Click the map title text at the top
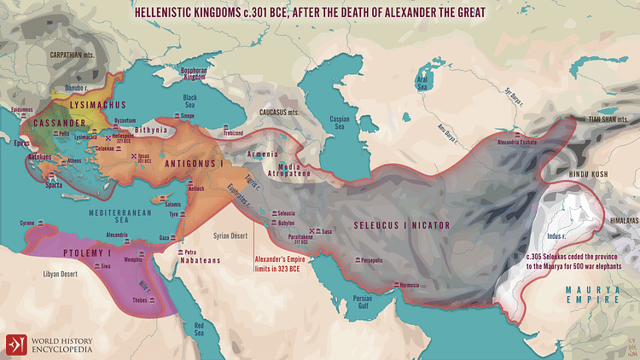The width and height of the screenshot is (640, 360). [319, 13]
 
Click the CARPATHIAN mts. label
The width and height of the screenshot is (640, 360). [48, 54]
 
